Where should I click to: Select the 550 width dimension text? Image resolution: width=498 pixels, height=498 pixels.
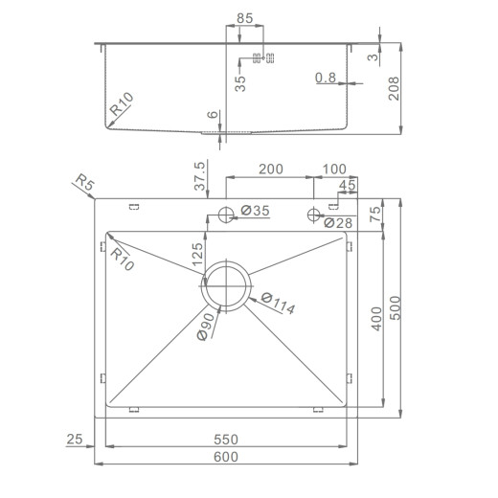coord(226,439)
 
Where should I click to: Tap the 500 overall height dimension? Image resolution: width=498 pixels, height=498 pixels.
coord(394,308)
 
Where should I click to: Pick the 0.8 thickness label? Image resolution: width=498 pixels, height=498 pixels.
coord(325,79)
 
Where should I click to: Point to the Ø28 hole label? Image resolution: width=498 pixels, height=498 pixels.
coord(336,223)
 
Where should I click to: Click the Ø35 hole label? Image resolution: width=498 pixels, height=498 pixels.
coord(255,210)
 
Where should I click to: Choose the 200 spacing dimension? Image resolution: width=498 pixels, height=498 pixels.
coord(270,169)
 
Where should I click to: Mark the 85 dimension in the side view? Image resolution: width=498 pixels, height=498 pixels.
coord(244,17)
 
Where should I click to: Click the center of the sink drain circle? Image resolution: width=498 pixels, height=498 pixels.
coord(226,284)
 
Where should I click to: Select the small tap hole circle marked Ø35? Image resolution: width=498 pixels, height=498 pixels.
coord(226,214)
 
